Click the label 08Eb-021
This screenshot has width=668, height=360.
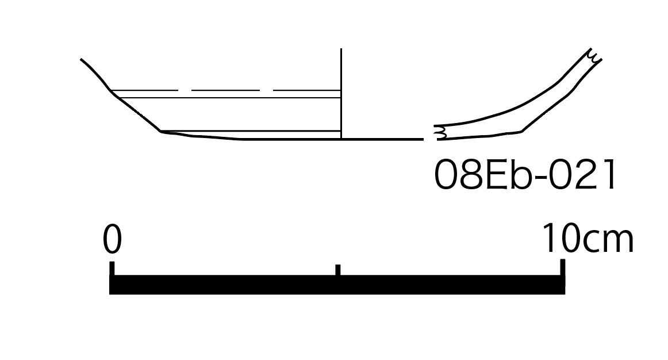524,174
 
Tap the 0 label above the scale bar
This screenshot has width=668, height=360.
113,239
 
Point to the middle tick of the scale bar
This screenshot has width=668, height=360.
338,270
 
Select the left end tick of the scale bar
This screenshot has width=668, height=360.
112,269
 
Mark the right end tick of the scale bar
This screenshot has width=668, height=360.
563,267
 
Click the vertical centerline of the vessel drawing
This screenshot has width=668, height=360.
341,94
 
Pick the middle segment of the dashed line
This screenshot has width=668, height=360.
225,90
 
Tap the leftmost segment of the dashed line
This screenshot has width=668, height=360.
144,90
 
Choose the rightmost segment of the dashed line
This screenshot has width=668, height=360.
307,90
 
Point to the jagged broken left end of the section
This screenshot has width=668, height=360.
440,132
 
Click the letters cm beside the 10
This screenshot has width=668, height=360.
608,242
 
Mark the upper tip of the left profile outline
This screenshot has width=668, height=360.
81,59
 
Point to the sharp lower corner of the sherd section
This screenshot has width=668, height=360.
521,131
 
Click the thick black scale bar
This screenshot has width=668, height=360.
337,285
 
